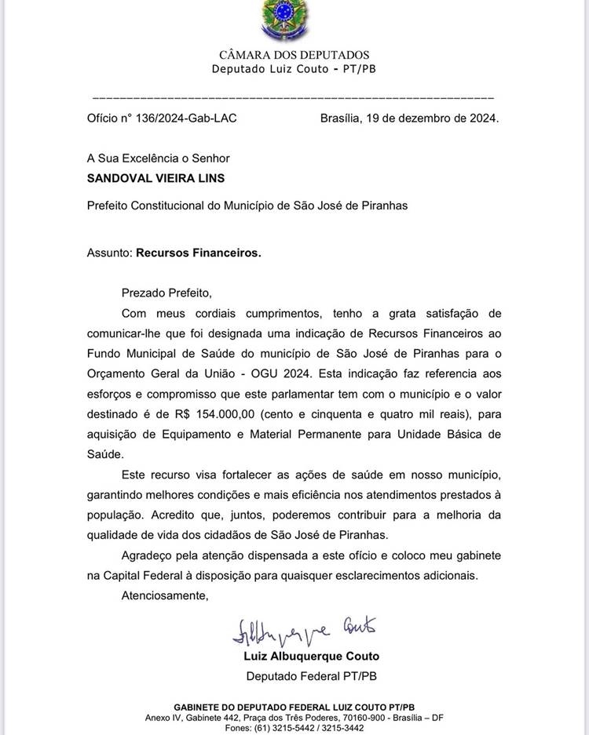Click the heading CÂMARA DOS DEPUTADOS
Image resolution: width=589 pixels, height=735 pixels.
point(294,55)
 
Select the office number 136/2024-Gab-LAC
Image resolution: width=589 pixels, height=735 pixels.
point(185,118)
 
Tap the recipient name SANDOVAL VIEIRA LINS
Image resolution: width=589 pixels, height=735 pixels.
point(156,178)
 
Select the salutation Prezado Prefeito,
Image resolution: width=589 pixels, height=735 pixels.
point(166,293)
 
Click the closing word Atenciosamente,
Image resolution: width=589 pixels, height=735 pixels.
point(165,595)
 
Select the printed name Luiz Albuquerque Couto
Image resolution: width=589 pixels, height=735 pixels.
point(313,656)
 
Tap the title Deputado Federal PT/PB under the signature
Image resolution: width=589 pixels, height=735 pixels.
point(313,676)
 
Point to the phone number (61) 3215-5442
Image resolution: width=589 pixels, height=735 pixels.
point(279,728)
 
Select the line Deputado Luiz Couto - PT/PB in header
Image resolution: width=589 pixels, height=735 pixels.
point(294,69)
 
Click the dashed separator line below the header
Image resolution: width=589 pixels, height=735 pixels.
point(294,98)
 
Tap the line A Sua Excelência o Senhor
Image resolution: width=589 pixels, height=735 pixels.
point(159,158)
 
